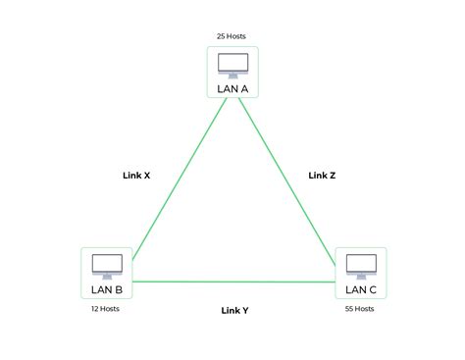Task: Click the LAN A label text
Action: point(232,88)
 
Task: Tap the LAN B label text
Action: point(106,289)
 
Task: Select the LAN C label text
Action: point(360,289)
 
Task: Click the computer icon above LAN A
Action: point(232,65)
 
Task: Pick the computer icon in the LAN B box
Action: point(106,265)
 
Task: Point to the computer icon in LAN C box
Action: point(360,265)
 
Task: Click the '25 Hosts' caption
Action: point(232,36)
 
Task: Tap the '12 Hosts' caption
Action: point(106,309)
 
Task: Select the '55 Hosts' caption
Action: point(360,309)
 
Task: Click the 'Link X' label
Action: point(135,177)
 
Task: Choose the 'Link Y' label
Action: point(234,310)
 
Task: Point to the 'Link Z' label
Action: point(322,177)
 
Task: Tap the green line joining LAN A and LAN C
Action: point(289,177)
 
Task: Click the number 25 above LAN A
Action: point(222,36)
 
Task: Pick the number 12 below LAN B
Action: point(95,309)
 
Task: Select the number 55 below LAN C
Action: point(349,309)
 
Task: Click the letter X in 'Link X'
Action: point(147,177)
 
